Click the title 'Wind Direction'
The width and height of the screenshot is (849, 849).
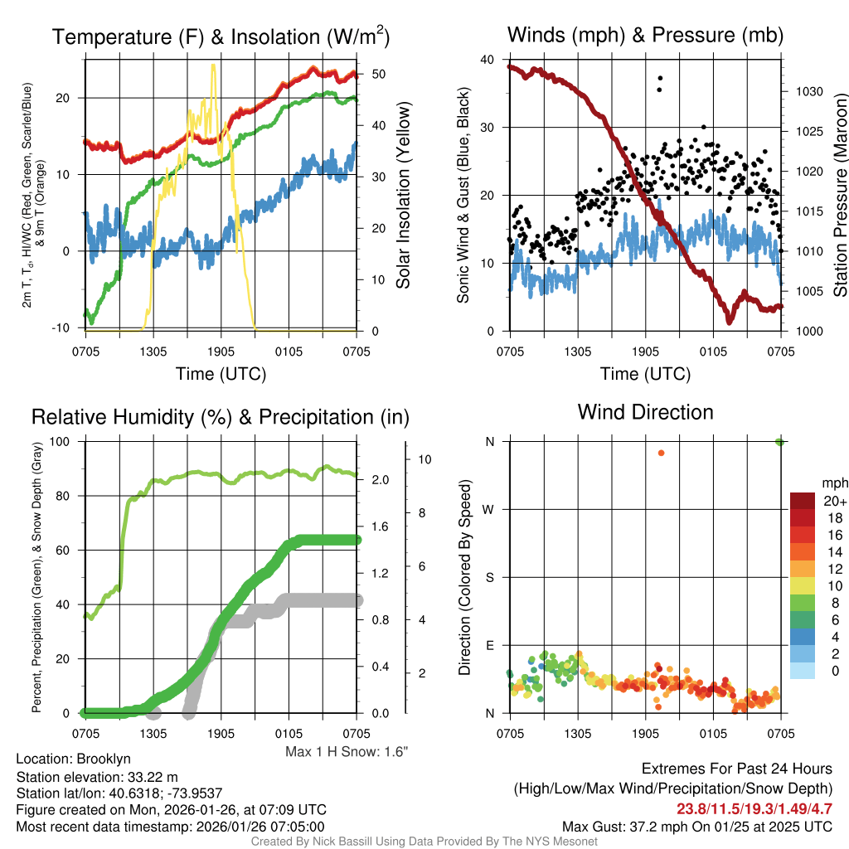[x=645, y=412]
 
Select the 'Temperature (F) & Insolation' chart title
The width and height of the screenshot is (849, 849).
[x=221, y=37]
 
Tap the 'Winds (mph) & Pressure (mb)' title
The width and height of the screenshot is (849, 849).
[x=645, y=35]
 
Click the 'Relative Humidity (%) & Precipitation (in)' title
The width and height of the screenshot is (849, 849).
[x=220, y=417]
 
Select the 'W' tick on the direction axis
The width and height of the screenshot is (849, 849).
[x=489, y=509]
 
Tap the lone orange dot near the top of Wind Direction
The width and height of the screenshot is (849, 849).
[x=661, y=453]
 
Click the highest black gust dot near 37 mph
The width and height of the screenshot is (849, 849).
[x=661, y=79]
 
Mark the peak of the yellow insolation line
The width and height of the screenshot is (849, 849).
[x=214, y=65]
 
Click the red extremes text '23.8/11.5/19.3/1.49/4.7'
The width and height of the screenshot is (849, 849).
[x=754, y=808]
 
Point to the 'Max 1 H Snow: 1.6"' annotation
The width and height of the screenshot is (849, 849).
[x=347, y=751]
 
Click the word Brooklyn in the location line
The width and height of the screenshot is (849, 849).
[x=104, y=758]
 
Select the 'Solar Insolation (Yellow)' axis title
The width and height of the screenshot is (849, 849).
[x=404, y=196]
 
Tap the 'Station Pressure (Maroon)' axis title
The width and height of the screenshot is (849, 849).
[x=840, y=196]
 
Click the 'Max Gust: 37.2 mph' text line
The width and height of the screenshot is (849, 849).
[x=696, y=826]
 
